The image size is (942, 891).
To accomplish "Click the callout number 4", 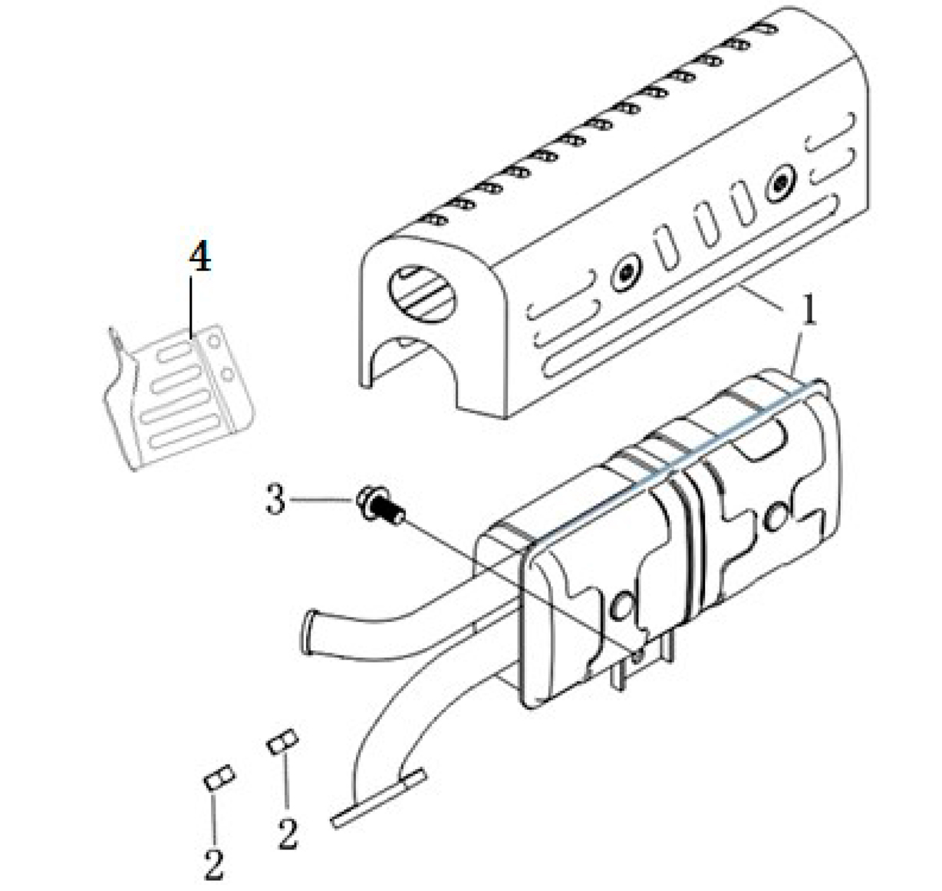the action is pyautogui.click(x=199, y=256).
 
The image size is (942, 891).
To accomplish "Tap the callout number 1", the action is pyautogui.click(x=809, y=310).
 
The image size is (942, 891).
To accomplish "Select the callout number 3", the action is pyautogui.click(x=275, y=499).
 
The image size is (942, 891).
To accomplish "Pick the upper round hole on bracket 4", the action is pyautogui.click(x=214, y=340).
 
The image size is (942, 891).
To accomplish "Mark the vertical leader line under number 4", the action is pyautogui.click(x=191, y=307).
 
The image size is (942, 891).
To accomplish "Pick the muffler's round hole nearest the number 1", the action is pyautogui.click(x=775, y=517).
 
